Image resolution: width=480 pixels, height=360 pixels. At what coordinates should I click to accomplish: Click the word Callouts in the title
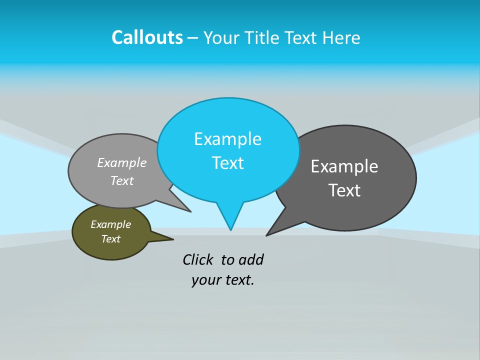click(147, 37)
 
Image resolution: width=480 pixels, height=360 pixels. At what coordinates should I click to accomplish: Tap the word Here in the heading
click(341, 37)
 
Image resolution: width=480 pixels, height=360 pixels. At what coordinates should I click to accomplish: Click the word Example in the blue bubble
click(227, 139)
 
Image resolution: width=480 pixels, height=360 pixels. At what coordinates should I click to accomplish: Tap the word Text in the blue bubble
click(227, 163)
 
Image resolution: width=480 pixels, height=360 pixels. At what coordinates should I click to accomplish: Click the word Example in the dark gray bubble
click(344, 166)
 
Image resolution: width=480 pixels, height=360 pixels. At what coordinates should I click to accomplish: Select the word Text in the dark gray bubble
click(344, 190)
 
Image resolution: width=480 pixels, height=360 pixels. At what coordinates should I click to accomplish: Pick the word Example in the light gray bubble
click(122, 163)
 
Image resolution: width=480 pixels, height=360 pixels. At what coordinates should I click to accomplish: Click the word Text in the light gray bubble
click(121, 181)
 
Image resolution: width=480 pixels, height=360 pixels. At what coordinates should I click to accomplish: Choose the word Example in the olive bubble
click(110, 224)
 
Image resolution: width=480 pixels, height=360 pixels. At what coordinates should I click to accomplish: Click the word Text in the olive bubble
click(110, 239)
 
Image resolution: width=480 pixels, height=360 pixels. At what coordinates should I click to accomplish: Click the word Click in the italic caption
click(197, 259)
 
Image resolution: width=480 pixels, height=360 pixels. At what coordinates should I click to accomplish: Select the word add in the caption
click(251, 259)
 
